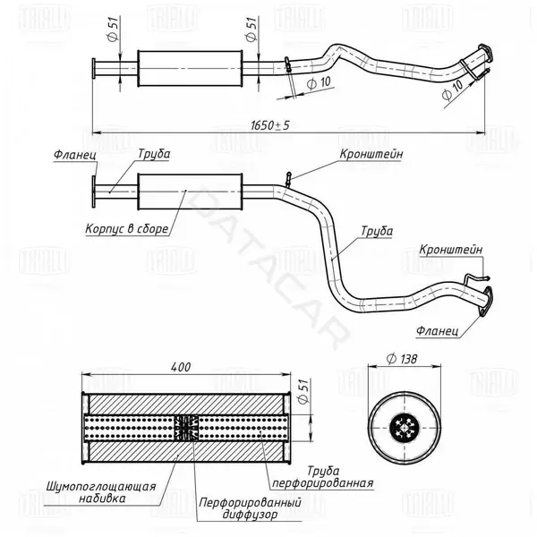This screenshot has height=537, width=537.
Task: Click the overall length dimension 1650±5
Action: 270,125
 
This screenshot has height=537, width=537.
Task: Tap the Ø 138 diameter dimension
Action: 402,359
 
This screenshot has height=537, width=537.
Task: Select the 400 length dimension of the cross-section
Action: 181,367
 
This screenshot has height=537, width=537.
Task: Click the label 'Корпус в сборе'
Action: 127,228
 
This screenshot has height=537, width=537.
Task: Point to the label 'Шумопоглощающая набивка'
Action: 101,492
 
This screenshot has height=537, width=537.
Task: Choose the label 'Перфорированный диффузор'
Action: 251,508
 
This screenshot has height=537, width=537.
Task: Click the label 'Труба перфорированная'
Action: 322,476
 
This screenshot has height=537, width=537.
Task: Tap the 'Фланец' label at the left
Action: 75,155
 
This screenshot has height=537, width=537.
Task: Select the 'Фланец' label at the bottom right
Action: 438,331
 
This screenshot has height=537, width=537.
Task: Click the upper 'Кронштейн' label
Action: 371,154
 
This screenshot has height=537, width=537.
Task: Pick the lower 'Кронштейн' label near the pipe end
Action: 451,250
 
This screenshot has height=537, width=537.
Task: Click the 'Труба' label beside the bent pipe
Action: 377,231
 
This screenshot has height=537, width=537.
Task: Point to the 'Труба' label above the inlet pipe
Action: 154,154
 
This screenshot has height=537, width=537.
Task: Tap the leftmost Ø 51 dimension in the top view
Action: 113,30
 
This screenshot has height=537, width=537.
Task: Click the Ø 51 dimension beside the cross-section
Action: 303,391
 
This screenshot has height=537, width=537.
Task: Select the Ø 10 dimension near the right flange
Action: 452,89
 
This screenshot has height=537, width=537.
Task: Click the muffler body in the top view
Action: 190,69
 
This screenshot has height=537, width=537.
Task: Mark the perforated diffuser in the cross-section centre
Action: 186,428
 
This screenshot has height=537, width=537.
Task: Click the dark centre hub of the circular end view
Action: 405,428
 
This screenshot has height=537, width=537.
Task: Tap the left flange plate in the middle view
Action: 93,192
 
